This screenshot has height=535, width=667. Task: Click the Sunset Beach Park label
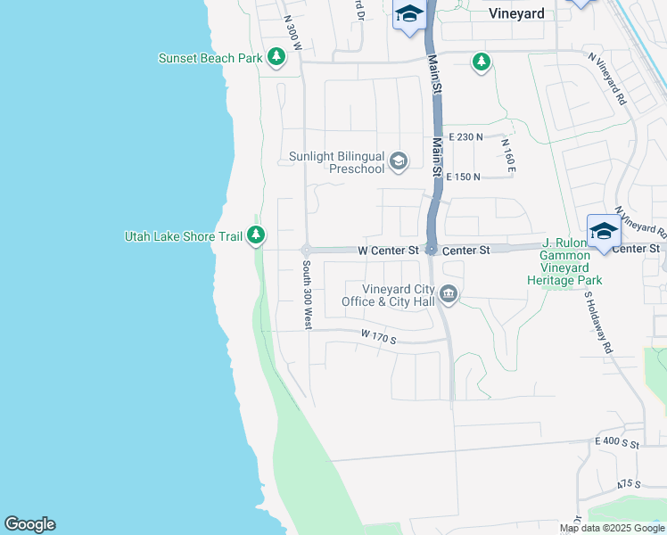pyautogui.click(x=210, y=58)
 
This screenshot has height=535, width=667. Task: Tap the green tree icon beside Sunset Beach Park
pyautogui.click(x=277, y=58)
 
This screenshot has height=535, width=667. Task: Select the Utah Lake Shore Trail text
pyautogui.click(x=183, y=236)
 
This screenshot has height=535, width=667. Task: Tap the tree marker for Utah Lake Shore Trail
pyautogui.click(x=256, y=235)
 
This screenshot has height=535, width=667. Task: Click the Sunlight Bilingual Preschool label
pyautogui.click(x=336, y=162)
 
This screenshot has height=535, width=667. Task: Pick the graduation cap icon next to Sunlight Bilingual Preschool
pyautogui.click(x=399, y=161)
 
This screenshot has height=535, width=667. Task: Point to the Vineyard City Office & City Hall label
pyautogui.click(x=389, y=295)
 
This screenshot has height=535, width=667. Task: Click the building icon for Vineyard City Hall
pyautogui.click(x=449, y=294)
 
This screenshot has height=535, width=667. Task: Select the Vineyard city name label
pyautogui.click(x=516, y=13)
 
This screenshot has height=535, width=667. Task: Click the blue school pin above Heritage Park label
pyautogui.click(x=604, y=232)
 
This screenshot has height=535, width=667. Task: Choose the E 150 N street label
pyautogui.click(x=463, y=177)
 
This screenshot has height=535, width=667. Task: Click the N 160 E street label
pyautogui.click(x=509, y=155)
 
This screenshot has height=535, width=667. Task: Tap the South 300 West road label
pyautogui.click(x=306, y=295)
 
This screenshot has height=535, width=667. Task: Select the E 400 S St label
pyautogui.click(x=618, y=442)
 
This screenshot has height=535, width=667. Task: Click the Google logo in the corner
pyautogui.click(x=29, y=524)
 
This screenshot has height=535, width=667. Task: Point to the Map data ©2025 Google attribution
pyautogui.click(x=612, y=528)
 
